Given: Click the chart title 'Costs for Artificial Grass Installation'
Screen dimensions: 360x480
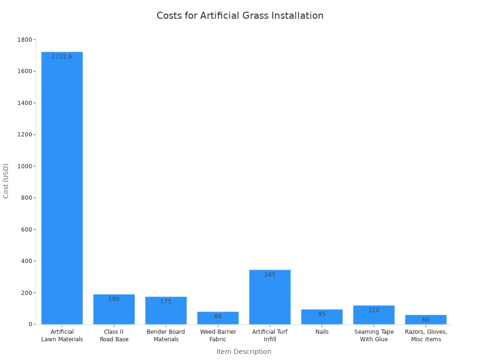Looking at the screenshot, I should pos(240,15).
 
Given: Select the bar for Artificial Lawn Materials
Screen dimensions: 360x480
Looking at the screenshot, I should pos(62,187).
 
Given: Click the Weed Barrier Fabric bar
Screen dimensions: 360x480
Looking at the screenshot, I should pos(217,319).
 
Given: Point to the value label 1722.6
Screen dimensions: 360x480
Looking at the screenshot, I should pos(62,57).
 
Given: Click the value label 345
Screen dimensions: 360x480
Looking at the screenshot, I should pos(270,275).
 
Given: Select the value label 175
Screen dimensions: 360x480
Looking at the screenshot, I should pos(166,301).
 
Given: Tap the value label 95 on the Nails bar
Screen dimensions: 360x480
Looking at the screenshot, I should pos(322,314).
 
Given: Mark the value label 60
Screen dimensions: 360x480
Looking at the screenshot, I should pos(426,320).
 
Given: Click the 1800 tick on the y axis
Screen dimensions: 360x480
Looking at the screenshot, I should pos(26,40).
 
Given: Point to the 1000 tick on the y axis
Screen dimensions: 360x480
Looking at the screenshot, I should pos(26,166).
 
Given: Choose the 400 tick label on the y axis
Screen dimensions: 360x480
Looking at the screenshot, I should pos(27,261).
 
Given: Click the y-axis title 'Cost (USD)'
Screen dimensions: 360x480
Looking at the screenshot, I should pos(6,181).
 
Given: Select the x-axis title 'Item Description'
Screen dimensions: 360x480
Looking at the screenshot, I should pos(244,352).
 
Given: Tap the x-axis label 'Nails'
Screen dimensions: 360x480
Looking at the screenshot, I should pos(322,332).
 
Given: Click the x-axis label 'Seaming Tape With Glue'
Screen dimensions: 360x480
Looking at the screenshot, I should pos(374,336).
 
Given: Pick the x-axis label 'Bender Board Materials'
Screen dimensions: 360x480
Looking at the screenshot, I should pos(166,336).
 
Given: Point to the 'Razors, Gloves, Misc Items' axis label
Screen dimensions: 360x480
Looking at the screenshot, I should pos(426,336).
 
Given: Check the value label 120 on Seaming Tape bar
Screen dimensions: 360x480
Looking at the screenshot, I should pos(374,310).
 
